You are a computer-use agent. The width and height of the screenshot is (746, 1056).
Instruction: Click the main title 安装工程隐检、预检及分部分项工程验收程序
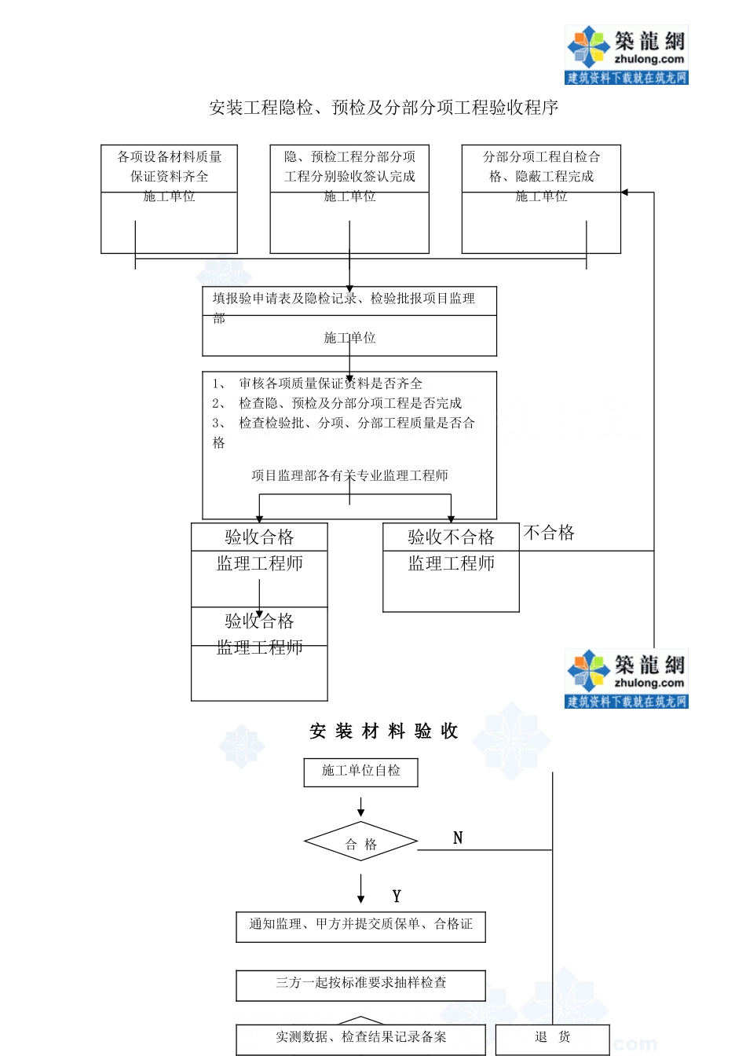pos(383,108)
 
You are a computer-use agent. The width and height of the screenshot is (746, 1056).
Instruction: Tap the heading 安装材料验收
pos(383,731)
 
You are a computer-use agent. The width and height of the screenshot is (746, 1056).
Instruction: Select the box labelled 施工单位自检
pos(360,772)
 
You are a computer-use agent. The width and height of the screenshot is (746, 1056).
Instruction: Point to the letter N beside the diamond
pos(458,838)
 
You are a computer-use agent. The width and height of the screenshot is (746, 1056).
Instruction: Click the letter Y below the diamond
pos(397,896)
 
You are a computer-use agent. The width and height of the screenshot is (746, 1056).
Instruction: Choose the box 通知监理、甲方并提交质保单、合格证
pos(360,926)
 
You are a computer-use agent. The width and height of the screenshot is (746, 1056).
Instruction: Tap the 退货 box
pos(553,1038)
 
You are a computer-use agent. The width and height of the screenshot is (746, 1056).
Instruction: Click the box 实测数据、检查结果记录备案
pos(360,1038)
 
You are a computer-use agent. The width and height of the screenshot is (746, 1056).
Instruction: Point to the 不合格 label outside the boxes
pos(549,533)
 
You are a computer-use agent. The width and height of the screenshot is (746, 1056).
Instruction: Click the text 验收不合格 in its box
pos(451,537)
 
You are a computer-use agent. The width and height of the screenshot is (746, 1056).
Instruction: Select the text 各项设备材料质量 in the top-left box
pos(170,157)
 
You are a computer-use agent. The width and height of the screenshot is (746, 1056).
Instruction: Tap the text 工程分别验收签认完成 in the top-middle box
pos(349,177)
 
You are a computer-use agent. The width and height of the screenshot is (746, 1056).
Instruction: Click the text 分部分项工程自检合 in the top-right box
pos(541,157)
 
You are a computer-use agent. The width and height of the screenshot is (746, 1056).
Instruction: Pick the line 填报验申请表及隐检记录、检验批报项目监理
pos(344,299)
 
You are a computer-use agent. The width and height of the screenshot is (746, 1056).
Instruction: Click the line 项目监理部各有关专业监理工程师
pos(349,475)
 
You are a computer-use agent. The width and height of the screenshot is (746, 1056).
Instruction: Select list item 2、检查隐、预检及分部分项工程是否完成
pos(338,403)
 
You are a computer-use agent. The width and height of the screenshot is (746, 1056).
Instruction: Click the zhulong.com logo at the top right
pos(626,53)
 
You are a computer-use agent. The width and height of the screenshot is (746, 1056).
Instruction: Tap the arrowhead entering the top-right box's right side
pos(625,192)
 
